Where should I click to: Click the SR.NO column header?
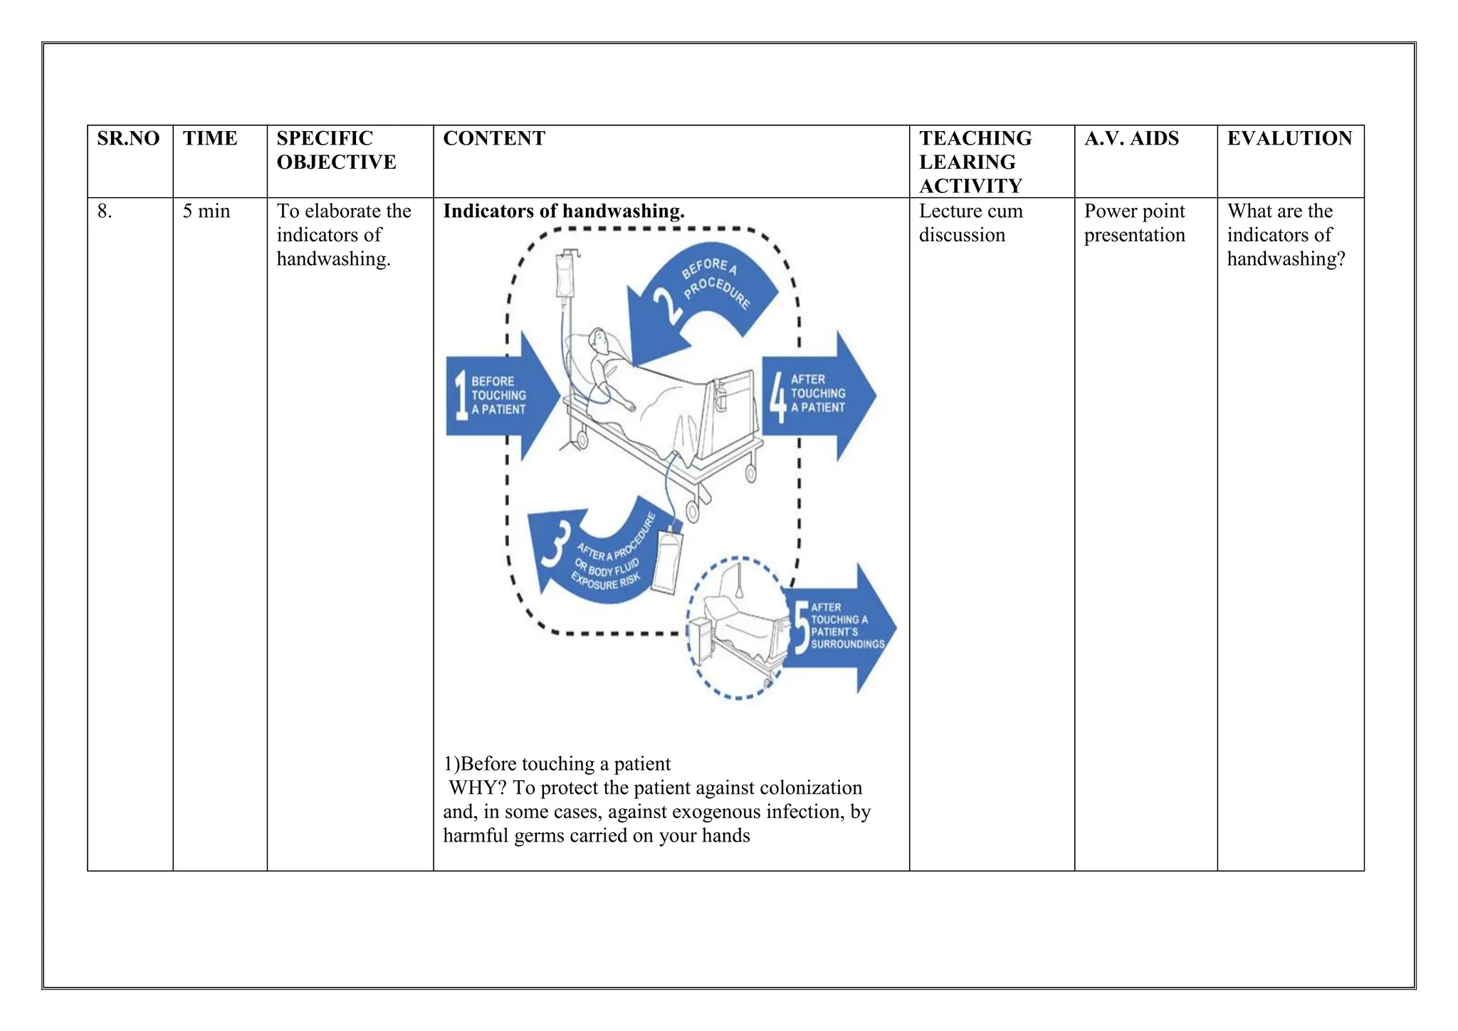(x=128, y=138)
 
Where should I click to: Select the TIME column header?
(x=209, y=138)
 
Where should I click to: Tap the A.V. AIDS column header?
(x=1131, y=138)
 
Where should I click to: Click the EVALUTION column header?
(x=1289, y=138)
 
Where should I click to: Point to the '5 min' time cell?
(x=206, y=211)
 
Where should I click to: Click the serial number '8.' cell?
(x=105, y=211)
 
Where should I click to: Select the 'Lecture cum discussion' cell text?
(x=970, y=223)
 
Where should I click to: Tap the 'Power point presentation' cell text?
(x=1134, y=223)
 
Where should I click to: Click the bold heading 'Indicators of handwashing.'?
(x=563, y=211)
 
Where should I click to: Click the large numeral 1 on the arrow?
(x=461, y=396)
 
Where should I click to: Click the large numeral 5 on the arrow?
(x=802, y=627)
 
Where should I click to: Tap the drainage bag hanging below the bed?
(x=666, y=562)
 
